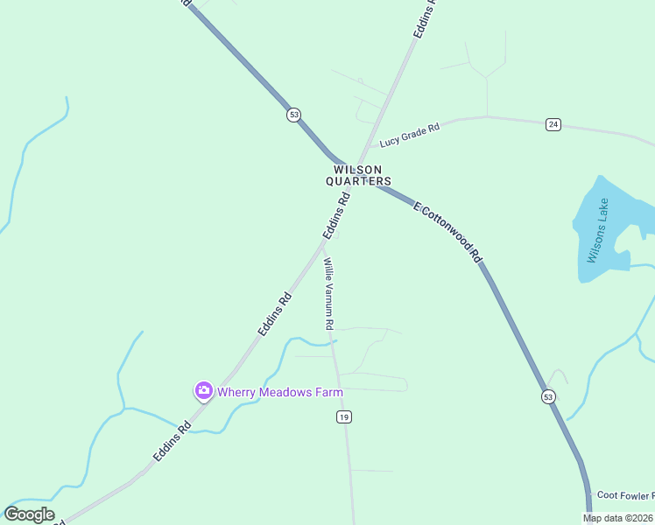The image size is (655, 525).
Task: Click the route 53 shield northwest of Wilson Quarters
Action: coord(293,115)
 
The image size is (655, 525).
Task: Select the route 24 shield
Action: coord(553,124)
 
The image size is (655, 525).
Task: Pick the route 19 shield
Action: coord(343,417)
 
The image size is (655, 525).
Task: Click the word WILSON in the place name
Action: coord(357,170)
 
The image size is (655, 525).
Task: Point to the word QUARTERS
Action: coord(358,181)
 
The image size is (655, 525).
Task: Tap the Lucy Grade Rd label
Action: coord(409,136)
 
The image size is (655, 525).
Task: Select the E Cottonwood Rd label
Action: coord(448,233)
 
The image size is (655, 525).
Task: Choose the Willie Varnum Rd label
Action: coord(328,293)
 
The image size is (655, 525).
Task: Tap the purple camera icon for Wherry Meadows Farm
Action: coord(203,391)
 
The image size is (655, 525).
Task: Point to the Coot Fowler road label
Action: coord(624,495)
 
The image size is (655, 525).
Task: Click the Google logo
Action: coord(29,514)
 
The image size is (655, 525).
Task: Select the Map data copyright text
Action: coord(618,518)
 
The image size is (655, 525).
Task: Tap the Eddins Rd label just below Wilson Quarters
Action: coord(335,216)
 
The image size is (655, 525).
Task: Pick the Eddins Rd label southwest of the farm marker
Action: coord(172,444)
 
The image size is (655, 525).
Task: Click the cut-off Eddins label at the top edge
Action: coord(425,17)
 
